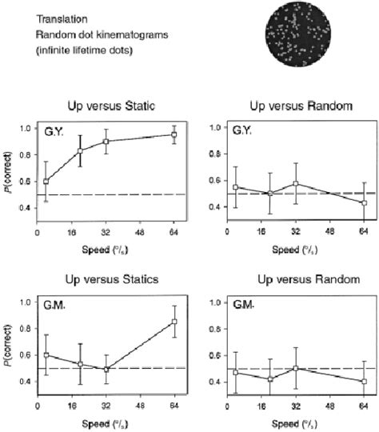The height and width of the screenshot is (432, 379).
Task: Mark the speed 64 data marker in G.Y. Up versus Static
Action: tap(174, 134)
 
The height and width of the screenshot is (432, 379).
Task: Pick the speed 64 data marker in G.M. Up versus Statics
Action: tap(174, 322)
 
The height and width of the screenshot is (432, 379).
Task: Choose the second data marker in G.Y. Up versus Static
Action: tap(80, 151)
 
